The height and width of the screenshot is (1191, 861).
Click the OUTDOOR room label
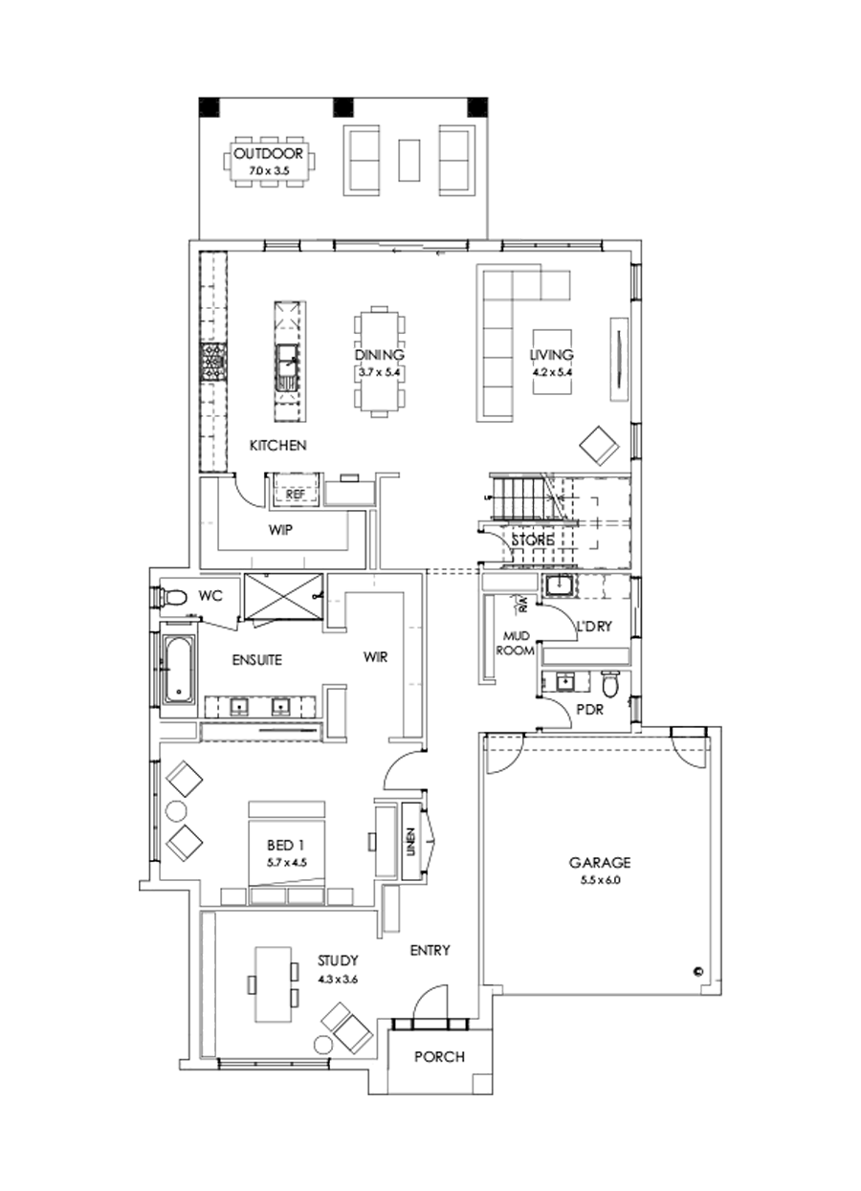click(x=269, y=153)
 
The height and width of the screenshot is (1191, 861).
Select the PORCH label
click(x=439, y=1057)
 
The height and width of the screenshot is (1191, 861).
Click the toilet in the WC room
click(x=172, y=598)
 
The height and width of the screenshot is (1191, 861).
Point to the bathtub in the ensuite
click(x=177, y=671)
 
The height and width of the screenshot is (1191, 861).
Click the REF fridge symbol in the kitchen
click(x=295, y=493)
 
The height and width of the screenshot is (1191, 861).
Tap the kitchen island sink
click(x=287, y=364)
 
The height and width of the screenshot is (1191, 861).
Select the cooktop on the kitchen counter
click(x=210, y=364)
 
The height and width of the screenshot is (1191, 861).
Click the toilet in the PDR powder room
click(x=609, y=685)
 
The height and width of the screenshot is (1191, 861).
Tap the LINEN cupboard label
click(x=410, y=842)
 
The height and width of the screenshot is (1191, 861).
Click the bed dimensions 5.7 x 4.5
click(x=285, y=862)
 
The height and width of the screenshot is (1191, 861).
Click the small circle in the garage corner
click(x=697, y=971)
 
